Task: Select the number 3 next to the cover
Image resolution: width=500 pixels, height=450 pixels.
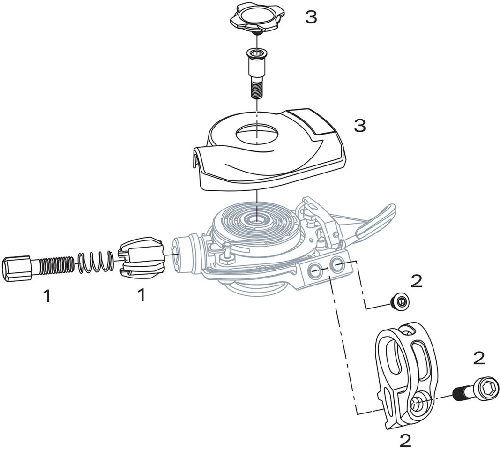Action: pos(359,126)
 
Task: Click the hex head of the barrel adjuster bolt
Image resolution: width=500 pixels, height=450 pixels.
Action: pos(17,269)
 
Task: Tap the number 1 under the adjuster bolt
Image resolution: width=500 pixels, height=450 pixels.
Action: pos(46,296)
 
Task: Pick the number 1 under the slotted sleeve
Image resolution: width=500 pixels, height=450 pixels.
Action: pos(141,295)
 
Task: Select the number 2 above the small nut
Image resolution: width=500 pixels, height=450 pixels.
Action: pos(416,281)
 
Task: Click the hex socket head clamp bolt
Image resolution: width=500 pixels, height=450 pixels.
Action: pos(483,388)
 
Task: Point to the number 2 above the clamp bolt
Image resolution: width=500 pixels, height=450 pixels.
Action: pos(478,359)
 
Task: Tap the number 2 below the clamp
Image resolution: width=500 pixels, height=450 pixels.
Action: pos(405,440)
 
